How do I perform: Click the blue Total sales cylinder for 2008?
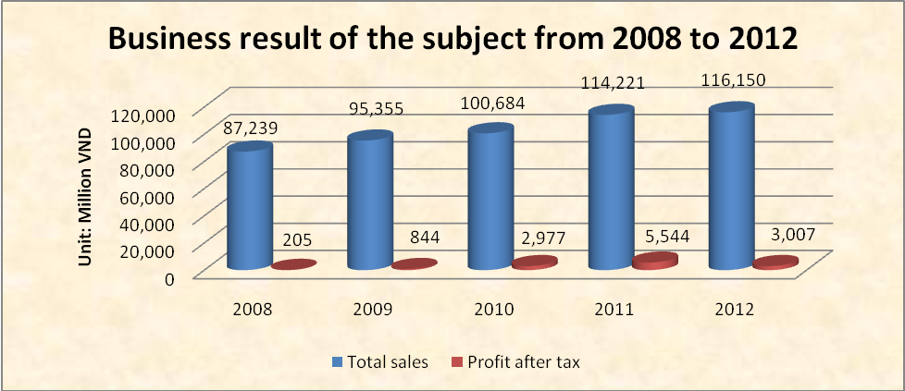tap(249, 208)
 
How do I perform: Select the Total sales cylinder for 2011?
tap(610, 189)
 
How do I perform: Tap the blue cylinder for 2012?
tap(730, 189)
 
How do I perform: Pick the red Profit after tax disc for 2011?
tap(655, 262)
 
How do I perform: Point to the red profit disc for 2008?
tap(294, 265)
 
